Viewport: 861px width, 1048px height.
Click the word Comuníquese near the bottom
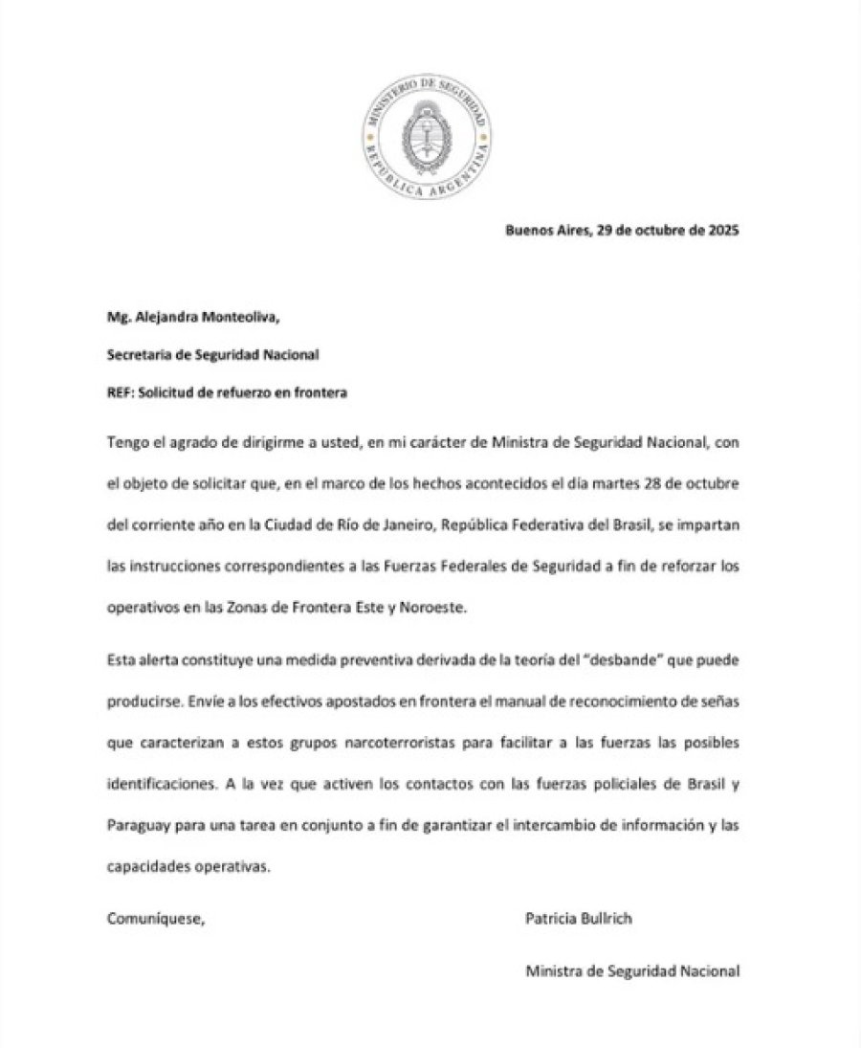click(156, 919)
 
